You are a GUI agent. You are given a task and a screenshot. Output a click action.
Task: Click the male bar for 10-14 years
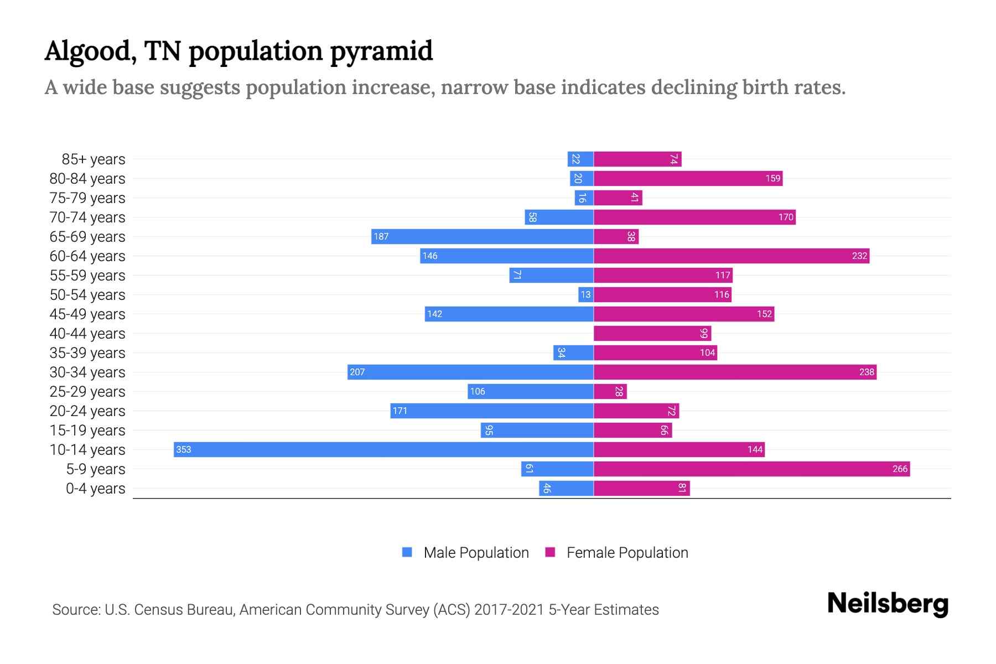pos(383,449)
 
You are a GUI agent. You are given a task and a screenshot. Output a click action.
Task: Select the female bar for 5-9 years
pos(751,469)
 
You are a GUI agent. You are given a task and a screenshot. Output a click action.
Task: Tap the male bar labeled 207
pos(470,372)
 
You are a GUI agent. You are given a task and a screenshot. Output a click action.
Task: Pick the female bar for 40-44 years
pos(652,333)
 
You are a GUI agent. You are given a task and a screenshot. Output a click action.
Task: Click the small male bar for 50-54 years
pos(585,294)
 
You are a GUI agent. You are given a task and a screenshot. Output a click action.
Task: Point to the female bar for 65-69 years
pos(616,236)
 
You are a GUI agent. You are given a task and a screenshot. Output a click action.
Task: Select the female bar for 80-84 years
pos(688,178)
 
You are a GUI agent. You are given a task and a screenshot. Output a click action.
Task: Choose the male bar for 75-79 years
pos(584,198)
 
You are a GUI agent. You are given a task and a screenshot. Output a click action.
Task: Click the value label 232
pos(859,256)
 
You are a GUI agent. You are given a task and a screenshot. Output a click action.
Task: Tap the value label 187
pos(381,236)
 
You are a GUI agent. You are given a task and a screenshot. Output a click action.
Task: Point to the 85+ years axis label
pos(94,159)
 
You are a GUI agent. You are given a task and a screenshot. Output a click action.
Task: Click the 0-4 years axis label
pos(95,489)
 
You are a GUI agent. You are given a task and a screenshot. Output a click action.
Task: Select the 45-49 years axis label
pos(87,314)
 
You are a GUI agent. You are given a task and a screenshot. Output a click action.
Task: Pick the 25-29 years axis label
pos(87,392)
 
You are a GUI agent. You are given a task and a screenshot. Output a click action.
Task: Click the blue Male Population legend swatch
pos(407,552)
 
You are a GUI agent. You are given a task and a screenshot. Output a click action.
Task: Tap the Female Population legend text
pos(627,553)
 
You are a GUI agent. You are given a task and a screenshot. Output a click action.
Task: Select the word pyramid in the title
pos(381,51)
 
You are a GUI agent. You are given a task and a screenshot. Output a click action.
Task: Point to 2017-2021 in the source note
pos(509,610)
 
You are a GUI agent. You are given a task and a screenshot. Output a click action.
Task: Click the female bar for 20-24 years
pos(636,411)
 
